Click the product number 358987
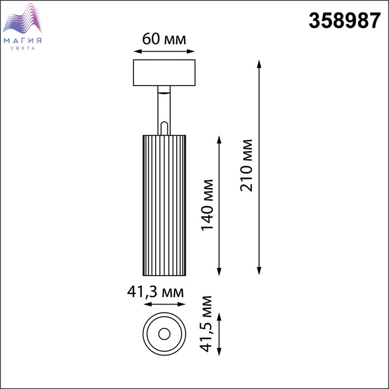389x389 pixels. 345,21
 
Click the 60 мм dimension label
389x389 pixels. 164,39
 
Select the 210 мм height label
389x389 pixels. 246,166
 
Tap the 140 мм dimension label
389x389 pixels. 207,205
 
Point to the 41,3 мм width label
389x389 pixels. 156,292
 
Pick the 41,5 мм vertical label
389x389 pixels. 206,324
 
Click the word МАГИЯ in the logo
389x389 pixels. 23,41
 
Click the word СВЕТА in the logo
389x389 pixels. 23,48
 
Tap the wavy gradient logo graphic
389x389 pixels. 22,18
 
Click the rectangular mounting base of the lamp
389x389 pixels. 164,73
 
